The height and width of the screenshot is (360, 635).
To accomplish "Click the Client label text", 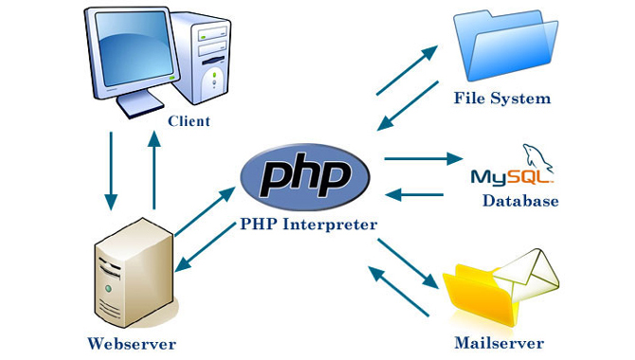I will coord(189,121).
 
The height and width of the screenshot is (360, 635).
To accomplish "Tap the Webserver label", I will coord(132,342).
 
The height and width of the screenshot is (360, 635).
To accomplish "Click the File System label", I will coord(501,99).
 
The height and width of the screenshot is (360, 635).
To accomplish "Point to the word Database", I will coord(520,201).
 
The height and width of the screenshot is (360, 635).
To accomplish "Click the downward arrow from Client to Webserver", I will coord(111,170).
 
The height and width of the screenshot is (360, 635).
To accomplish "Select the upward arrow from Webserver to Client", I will coord(154,170).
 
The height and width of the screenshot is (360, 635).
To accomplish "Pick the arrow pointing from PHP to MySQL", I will coord(421,159).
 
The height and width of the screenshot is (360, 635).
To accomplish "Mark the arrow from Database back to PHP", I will coord(416,196).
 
